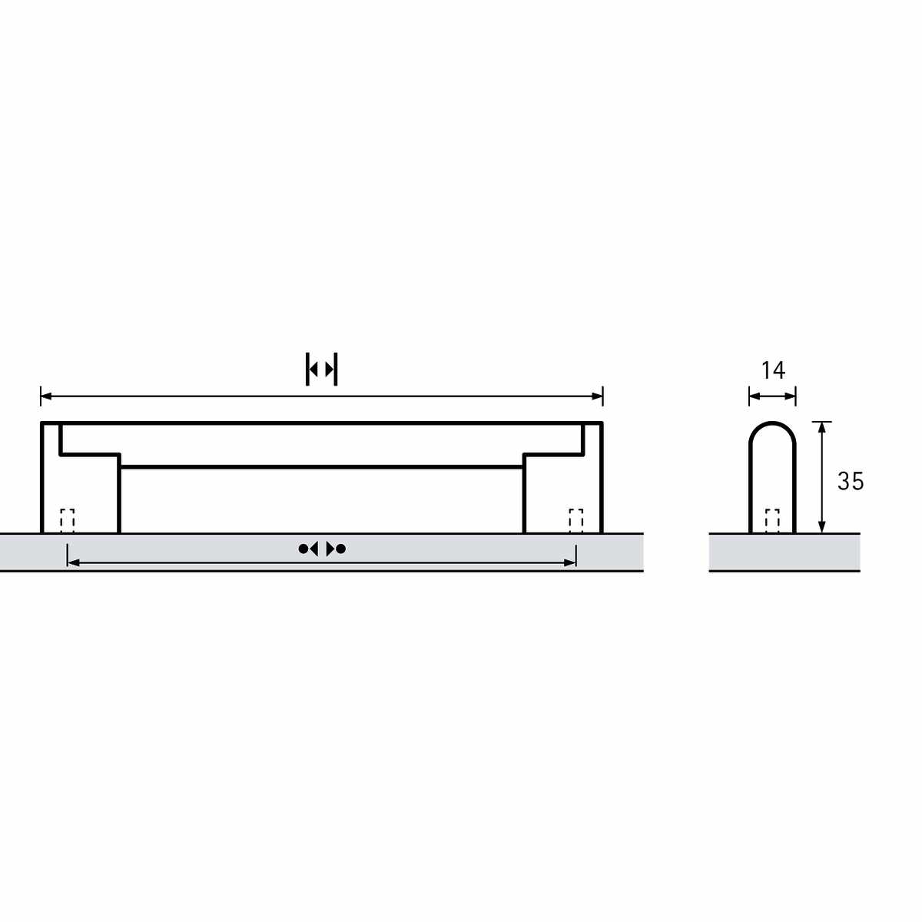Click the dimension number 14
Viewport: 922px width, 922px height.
(773, 370)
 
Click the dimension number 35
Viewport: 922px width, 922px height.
(851, 481)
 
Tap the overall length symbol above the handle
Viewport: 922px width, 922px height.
(321, 369)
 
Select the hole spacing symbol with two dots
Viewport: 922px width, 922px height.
(321, 549)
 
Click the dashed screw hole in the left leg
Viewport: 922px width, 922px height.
(67, 521)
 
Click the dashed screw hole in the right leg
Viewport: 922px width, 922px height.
(575, 521)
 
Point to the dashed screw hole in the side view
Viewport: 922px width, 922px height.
(772, 521)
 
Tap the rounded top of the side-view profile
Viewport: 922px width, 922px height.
(772, 424)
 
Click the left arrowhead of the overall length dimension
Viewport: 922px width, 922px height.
(46, 396)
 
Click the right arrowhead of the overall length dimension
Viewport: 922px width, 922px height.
(597, 396)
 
